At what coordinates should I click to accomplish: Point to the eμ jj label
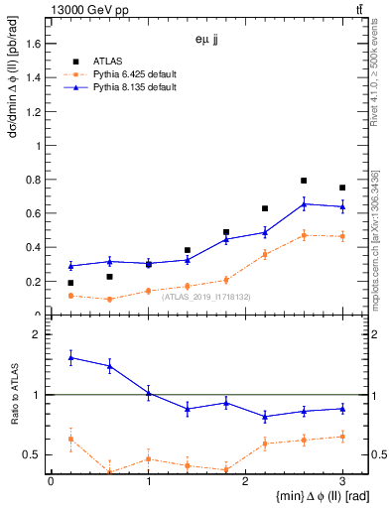(x=207, y=42)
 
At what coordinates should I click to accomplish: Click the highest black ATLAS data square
(x=304, y=181)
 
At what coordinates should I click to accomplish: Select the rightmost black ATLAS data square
(x=342, y=188)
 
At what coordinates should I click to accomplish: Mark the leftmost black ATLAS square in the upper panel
(x=70, y=283)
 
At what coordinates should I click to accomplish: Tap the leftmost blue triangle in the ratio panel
(x=70, y=357)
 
